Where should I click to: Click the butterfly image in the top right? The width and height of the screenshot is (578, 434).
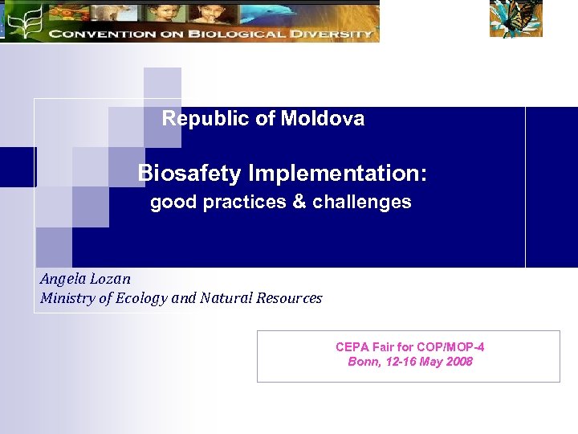click(516, 18)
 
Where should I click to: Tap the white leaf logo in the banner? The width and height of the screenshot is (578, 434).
click(25, 20)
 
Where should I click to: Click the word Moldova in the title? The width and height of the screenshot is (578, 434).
click(322, 119)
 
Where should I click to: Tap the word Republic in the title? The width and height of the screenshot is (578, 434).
click(206, 119)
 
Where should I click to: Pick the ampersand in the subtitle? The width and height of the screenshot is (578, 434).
click(299, 203)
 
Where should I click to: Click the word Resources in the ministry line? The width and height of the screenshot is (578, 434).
click(289, 299)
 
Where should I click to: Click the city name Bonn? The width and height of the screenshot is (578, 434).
click(363, 362)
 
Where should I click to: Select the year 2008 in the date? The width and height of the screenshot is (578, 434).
click(459, 362)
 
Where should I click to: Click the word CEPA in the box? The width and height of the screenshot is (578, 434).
click(351, 347)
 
